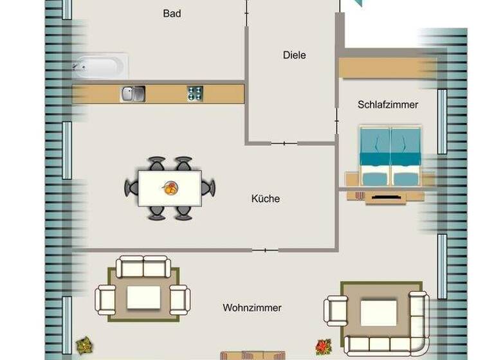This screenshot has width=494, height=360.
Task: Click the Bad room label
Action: pyautogui.click(x=172, y=14)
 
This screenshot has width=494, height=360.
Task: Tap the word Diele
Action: pyautogui.click(x=295, y=55)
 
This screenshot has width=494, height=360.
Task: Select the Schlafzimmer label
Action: pyautogui.click(x=388, y=104)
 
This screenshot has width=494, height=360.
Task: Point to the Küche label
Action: pyautogui.click(x=266, y=199)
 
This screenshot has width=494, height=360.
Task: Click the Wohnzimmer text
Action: pyautogui.click(x=252, y=308)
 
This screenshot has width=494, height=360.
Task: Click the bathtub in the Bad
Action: pyautogui.click(x=100, y=66)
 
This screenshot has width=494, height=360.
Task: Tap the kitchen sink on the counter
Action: pyautogui.click(x=133, y=94)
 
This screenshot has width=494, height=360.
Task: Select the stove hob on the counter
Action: pyautogui.click(x=196, y=94)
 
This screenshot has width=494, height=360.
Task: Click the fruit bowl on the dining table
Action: pyautogui.click(x=170, y=188)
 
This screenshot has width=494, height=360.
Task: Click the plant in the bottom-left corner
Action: pyautogui.click(x=84, y=346)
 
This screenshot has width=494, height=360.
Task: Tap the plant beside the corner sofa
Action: pyautogui.click(x=323, y=346)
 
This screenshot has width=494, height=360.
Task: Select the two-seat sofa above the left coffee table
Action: pyautogui.click(x=143, y=266)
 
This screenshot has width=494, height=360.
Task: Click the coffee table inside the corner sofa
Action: pyautogui.click(x=374, y=313)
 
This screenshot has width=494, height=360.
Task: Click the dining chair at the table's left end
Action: pyautogui.click(x=131, y=188)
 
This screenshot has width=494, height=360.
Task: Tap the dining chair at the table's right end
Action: pyautogui.click(x=208, y=188)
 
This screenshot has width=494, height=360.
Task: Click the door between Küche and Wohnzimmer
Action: pyautogui.click(x=265, y=249)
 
